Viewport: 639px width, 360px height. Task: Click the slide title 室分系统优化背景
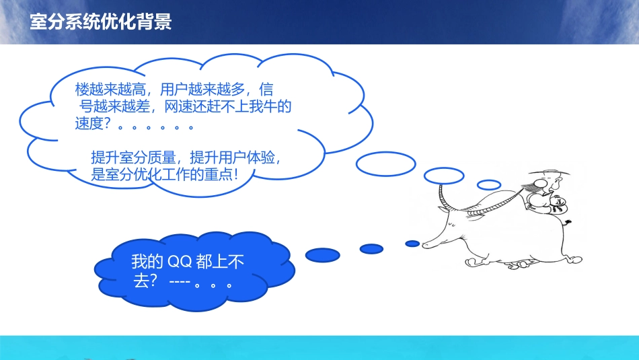pyautogui.click(x=101, y=22)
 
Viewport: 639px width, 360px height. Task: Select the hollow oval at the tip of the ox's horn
pyautogui.click(x=443, y=175)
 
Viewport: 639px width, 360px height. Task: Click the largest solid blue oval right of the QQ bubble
pyautogui.click(x=323, y=254)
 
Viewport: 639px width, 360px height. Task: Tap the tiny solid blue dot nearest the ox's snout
pyautogui.click(x=412, y=243)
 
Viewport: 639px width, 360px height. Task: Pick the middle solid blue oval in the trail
pyautogui.click(x=371, y=248)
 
